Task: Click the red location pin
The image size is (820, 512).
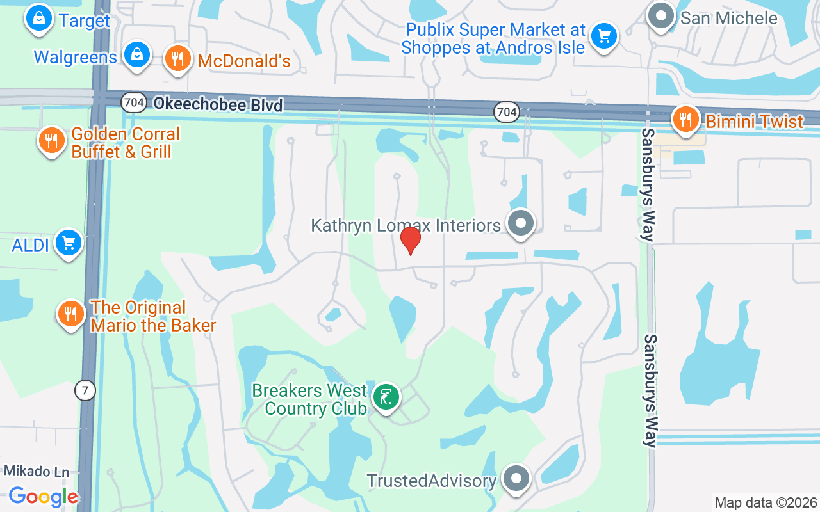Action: coord(410,241)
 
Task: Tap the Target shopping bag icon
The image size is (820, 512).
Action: coord(39,19)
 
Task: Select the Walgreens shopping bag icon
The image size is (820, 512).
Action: coord(137,55)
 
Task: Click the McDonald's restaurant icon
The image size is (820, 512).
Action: coord(177,59)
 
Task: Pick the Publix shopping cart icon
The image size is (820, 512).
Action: coord(603,36)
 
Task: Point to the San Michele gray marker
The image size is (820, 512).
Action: coord(661,16)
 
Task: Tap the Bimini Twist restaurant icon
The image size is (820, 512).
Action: coord(685,119)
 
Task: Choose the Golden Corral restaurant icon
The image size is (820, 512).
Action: coord(51,140)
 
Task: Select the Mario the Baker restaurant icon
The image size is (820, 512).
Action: coord(71,314)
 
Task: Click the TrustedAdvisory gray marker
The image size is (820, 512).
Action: coord(516,478)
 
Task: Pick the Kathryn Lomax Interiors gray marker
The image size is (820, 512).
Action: coord(521,223)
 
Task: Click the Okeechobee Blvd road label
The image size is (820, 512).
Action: coord(218,104)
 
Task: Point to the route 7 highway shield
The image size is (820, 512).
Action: coord(85,390)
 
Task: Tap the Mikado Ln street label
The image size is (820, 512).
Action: coord(37,472)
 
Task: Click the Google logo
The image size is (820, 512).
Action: coord(44,496)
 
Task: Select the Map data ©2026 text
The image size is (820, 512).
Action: coord(766,502)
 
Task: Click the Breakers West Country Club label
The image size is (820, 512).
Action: coord(309,399)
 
